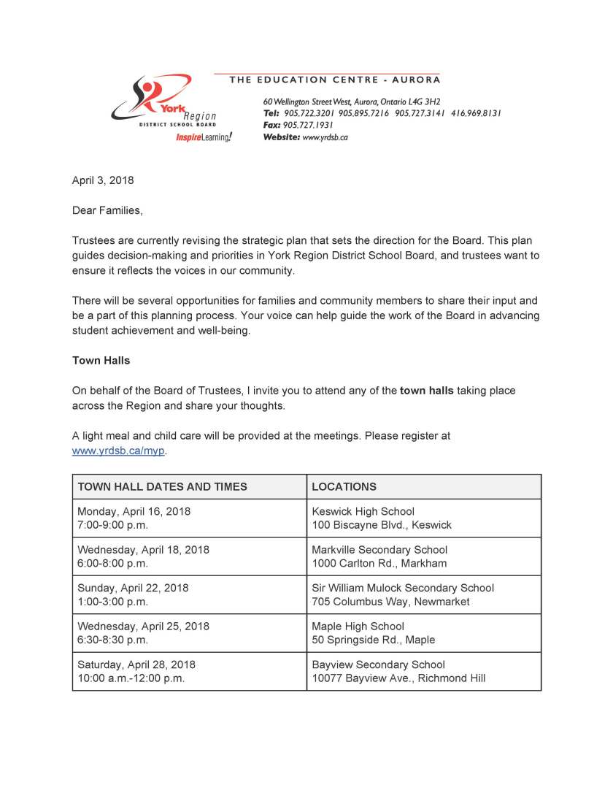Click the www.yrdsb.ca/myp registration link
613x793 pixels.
pos(119,451)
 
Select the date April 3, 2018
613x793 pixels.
pos(103,180)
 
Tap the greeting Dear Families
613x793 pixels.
pos(107,210)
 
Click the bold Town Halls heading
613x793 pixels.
pos(101,360)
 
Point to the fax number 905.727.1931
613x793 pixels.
pos(309,125)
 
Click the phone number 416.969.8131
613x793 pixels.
pos(476,113)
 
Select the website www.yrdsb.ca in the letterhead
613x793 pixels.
pos(325,137)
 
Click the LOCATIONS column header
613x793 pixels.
pos(344,486)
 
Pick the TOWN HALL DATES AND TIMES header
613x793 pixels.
pos(163,486)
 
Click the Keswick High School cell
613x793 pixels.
pos(423,518)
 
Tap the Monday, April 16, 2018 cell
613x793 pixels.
pos(189,518)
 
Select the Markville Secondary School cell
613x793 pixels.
pos(423,556)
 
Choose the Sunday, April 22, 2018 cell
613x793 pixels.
pos(189,594)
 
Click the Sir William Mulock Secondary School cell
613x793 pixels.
pos(423,594)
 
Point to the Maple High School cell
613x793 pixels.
pos(423,633)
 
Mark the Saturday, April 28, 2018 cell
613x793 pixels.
pos(189,671)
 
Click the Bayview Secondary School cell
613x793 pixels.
pos(423,671)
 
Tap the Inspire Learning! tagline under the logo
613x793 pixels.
pos(204,137)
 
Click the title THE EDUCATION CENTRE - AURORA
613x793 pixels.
pos(335,80)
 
